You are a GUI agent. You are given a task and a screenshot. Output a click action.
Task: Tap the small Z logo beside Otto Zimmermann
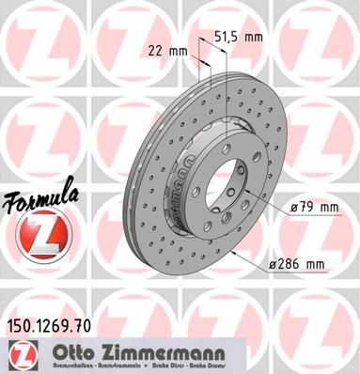coord(20,354)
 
